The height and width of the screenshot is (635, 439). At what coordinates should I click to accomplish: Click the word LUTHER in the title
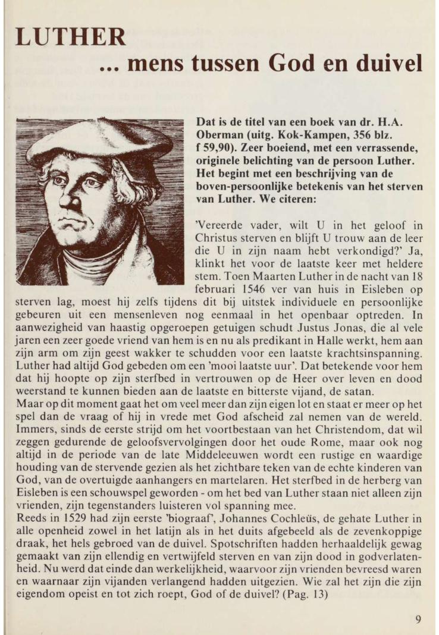[x=71, y=38]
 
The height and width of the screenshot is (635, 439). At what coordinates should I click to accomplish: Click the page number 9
[x=419, y=619]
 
